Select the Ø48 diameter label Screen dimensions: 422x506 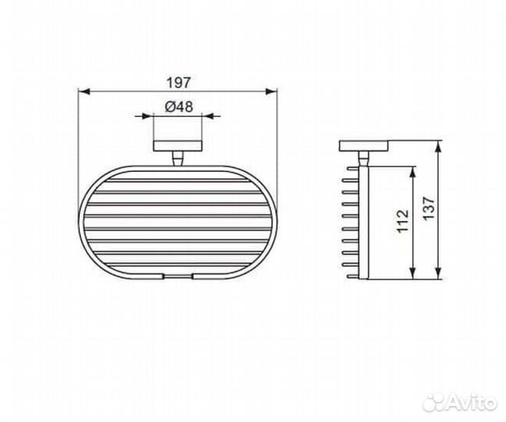tap(179, 107)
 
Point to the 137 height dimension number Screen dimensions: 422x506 tap(429, 209)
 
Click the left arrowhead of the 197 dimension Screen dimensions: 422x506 tap(84, 92)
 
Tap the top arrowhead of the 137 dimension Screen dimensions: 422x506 tap(440, 146)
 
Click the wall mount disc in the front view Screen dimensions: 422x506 tap(179, 147)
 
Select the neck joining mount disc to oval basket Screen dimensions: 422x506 tap(179, 159)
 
